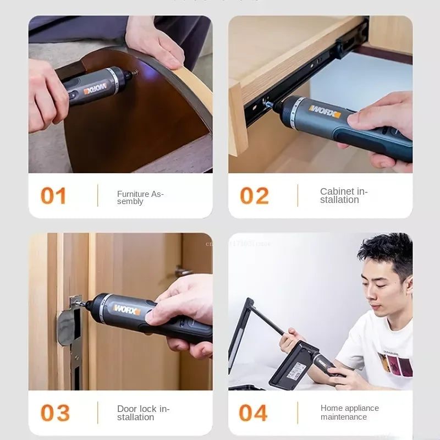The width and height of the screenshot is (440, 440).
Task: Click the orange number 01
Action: (53, 196)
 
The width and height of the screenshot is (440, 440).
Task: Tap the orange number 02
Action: (254, 196)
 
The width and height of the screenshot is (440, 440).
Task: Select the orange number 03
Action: (55, 413)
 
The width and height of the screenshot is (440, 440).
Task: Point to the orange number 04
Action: (254, 413)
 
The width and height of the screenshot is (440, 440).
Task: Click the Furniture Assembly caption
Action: (140, 197)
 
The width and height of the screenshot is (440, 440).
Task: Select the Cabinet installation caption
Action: (344, 196)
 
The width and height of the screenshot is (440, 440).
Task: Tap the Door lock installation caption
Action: (143, 413)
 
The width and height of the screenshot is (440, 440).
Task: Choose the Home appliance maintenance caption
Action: (349, 413)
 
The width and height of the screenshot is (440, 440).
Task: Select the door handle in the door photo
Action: (183, 271)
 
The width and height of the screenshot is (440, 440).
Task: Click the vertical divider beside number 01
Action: (98, 196)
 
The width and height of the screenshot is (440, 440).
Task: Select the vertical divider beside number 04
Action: (298, 413)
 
